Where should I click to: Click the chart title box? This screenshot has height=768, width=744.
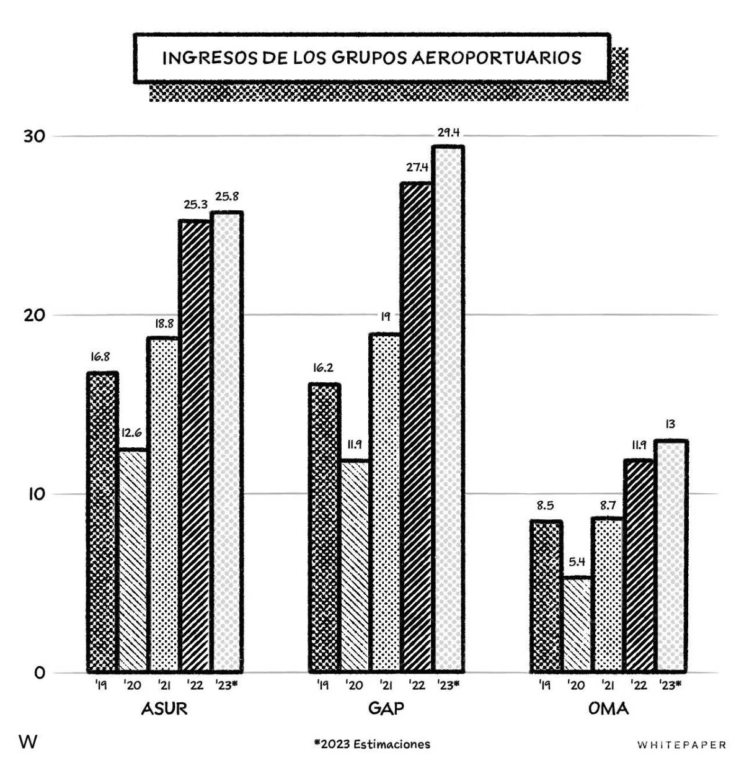[371, 58]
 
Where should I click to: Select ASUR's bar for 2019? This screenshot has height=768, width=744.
[102, 522]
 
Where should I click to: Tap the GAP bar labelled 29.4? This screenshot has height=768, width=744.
[448, 409]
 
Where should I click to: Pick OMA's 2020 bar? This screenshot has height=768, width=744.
[577, 625]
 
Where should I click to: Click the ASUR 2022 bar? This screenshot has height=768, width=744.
[195, 446]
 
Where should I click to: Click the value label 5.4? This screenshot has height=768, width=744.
[577, 562]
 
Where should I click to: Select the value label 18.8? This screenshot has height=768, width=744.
[164, 323]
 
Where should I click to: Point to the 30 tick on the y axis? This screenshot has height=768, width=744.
[35, 136]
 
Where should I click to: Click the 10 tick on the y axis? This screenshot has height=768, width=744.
[35, 494]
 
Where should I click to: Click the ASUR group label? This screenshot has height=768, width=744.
[164, 708]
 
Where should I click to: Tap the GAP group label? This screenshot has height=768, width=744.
[386, 708]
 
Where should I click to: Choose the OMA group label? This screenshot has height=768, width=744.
[608, 708]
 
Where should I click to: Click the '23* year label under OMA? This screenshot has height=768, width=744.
[670, 685]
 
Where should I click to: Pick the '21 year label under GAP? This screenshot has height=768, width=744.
[385, 685]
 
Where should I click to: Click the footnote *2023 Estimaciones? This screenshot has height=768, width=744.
[371, 744]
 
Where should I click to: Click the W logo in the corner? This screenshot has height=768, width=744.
[29, 742]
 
